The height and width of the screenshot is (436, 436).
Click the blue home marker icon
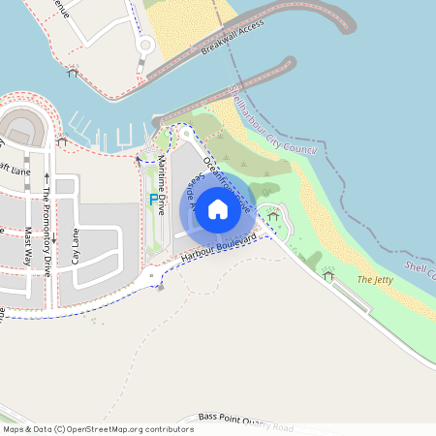pyautogui.click(x=218, y=209)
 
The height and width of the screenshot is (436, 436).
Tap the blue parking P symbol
pyautogui.click(x=152, y=200)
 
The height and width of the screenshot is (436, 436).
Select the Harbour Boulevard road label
pyautogui.click(x=218, y=249)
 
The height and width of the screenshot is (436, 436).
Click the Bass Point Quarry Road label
pyautogui.click(x=245, y=420)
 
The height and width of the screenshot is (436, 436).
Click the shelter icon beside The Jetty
pyautogui.click(x=328, y=276)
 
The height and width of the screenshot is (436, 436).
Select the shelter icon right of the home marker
pyautogui.click(x=272, y=214)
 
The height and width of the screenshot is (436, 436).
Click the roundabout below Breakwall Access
pyautogui.click(x=145, y=45)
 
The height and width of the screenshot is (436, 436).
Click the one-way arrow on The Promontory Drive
pyautogui.click(x=45, y=177)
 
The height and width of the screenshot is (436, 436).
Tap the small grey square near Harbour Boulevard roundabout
pyautogui.click(x=160, y=287)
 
